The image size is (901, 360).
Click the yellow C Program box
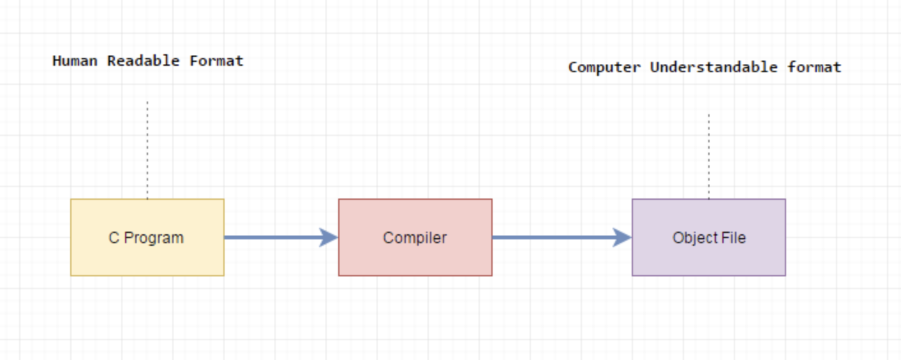(x=147, y=237)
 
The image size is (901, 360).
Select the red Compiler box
(x=415, y=237)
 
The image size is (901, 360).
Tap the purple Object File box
(x=709, y=237)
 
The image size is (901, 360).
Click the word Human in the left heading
(x=75, y=61)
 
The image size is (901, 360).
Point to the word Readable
(x=143, y=61)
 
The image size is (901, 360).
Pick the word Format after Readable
(x=216, y=61)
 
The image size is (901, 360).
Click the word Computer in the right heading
(x=604, y=68)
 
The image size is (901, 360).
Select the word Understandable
(x=714, y=67)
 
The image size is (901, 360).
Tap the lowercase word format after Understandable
(x=814, y=67)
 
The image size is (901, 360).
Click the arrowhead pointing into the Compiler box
(x=329, y=237)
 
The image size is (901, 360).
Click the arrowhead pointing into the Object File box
(x=623, y=237)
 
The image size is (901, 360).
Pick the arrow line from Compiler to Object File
(x=562, y=237)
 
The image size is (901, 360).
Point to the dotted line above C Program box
(x=147, y=150)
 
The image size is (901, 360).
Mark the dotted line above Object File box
(x=709, y=156)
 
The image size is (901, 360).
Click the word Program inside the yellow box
(x=154, y=238)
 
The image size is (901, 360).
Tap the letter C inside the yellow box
(x=114, y=237)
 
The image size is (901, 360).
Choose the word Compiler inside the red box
(x=415, y=237)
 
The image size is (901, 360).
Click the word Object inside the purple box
(x=694, y=237)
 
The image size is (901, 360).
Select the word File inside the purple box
(x=733, y=237)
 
